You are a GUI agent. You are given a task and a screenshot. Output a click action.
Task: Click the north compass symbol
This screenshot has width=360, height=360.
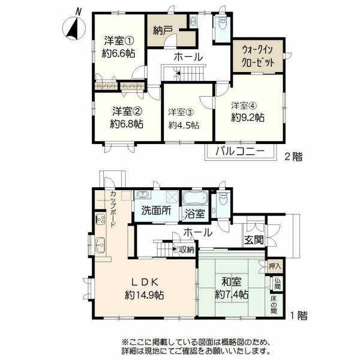(x=74, y=27)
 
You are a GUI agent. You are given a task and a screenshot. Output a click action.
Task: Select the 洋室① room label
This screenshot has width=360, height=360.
(x=119, y=41)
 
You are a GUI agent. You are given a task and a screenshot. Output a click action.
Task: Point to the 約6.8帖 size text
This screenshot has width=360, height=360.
(x=127, y=124)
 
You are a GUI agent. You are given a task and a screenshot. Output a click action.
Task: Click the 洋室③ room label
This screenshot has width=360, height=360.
(x=181, y=112)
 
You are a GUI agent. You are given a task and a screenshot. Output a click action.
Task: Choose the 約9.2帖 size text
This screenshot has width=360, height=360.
(x=247, y=118)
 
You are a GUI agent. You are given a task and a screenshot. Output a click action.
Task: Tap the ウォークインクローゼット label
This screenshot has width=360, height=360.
(x=257, y=56)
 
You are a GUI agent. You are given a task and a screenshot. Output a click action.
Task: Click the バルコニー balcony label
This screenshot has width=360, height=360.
(x=240, y=152)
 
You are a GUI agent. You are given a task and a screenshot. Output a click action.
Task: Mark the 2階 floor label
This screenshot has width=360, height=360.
(x=293, y=157)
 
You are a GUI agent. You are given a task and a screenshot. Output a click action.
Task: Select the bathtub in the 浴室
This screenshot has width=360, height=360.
(x=195, y=198)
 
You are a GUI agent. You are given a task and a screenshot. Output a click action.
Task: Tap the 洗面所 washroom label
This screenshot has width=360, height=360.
(x=156, y=211)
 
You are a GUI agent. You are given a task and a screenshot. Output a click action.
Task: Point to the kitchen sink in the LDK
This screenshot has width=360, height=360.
(x=100, y=245)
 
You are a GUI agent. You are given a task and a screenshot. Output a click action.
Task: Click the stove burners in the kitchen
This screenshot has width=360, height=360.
(x=100, y=219)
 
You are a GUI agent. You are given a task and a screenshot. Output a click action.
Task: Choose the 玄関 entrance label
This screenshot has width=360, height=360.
(x=254, y=240)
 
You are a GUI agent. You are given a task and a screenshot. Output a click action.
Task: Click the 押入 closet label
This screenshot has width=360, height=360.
(x=275, y=266)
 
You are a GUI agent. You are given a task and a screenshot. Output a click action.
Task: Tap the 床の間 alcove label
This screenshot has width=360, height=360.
(x=274, y=305)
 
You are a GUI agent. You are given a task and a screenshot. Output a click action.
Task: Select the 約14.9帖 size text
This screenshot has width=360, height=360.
(x=145, y=295)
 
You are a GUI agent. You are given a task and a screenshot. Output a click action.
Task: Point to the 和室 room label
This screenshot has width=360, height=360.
(x=232, y=282)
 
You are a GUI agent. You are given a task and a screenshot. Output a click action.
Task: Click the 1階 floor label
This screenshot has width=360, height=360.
(x=299, y=316)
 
